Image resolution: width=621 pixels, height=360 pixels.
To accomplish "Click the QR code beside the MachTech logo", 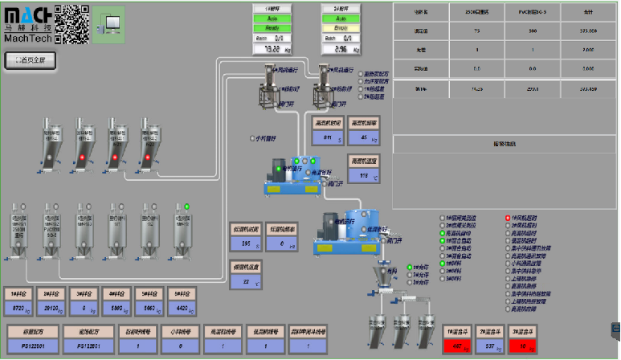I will tap(72, 23).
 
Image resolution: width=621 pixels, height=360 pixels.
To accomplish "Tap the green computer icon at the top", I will tap(108, 22).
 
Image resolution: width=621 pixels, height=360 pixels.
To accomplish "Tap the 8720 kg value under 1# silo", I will tap(22, 309).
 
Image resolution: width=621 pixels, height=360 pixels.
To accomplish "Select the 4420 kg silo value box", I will tap(182, 309).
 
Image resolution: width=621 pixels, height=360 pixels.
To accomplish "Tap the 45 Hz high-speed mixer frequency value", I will tap(366, 138).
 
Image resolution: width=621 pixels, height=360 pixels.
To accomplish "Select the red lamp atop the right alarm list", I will tap(508, 218).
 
